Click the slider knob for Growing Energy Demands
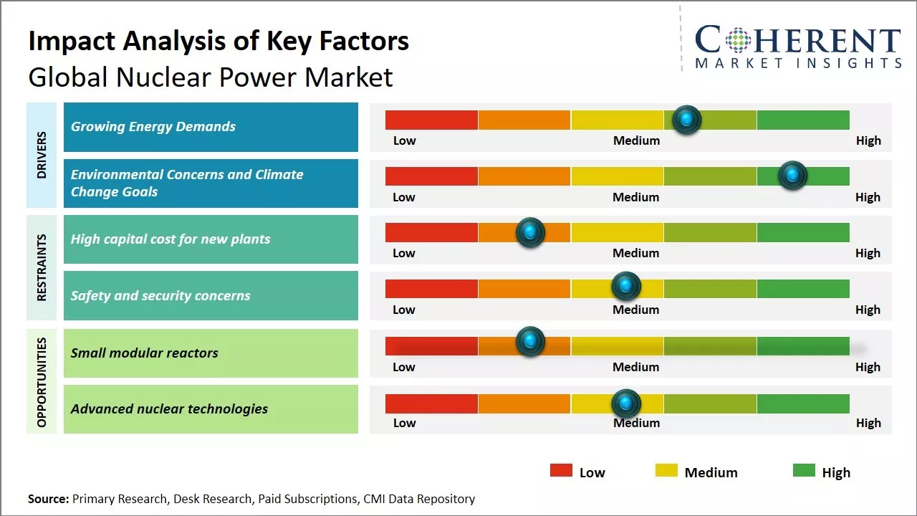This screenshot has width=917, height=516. [687, 120]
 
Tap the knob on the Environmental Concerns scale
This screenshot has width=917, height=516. [792, 176]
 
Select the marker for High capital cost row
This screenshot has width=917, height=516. [530, 232]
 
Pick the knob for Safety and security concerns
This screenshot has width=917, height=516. [626, 287]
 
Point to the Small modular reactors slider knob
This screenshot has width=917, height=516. [530, 342]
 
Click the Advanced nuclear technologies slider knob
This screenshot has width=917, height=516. [626, 403]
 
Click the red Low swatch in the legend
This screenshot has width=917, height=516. [561, 471]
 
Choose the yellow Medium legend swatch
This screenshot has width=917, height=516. [666, 471]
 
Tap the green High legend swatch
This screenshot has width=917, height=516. [804, 471]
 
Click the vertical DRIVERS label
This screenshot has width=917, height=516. [42, 155]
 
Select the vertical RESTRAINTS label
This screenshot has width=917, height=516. [42, 267]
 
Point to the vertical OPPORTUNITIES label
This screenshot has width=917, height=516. [42, 382]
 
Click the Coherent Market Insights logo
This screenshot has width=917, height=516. [797, 47]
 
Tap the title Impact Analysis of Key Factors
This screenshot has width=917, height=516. [219, 41]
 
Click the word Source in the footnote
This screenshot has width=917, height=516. [47, 499]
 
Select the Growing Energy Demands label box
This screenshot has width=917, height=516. [211, 127]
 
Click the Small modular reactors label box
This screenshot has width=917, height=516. [211, 353]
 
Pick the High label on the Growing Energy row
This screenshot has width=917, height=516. [868, 140]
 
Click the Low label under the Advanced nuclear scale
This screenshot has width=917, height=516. [404, 423]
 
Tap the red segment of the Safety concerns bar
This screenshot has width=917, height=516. [431, 288]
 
